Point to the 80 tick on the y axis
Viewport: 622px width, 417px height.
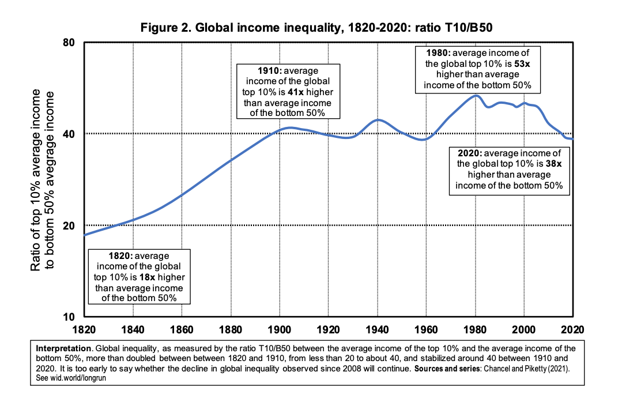(71, 42)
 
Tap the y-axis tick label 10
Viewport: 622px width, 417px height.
(71, 317)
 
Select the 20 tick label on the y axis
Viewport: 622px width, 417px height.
(71, 226)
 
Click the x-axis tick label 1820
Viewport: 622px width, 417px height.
(84, 330)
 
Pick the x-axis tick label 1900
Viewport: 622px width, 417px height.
(280, 330)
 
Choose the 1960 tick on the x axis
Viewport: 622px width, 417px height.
(426, 330)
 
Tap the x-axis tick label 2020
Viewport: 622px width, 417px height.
(572, 330)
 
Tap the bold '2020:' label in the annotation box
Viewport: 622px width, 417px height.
(470, 154)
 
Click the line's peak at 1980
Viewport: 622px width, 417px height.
(476, 96)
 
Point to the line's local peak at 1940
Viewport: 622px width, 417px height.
(378, 119)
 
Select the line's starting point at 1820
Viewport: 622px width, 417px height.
(85, 235)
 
